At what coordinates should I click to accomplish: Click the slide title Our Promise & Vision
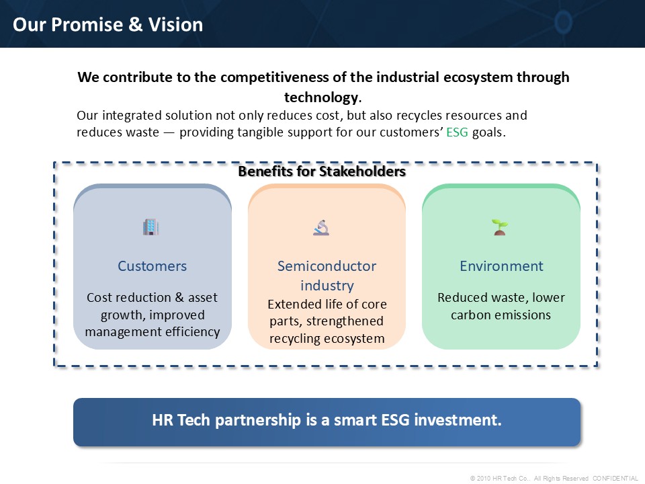[x=107, y=25]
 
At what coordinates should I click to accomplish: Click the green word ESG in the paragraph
[x=457, y=132]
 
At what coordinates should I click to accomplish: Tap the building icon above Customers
[x=151, y=227]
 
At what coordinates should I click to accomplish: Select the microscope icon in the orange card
[x=321, y=227]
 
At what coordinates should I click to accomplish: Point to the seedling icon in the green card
[x=500, y=227]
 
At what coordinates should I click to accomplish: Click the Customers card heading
[x=153, y=266]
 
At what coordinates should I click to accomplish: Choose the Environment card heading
[x=501, y=266]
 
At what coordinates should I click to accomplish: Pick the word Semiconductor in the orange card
[x=327, y=266]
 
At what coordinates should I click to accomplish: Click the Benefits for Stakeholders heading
[x=322, y=171]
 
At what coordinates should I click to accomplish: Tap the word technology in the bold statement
[x=321, y=97]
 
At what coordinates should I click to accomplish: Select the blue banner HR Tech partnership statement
[x=327, y=420]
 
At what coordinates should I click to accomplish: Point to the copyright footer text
[x=554, y=478]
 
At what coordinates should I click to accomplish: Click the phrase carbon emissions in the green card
[x=501, y=315]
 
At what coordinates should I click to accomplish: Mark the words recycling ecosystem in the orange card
[x=327, y=338]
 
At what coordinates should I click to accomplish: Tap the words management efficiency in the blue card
[x=153, y=331]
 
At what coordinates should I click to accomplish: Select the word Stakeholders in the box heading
[x=362, y=171]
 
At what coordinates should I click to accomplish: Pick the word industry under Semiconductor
[x=327, y=286]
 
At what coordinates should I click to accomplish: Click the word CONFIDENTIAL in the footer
[x=615, y=478]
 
